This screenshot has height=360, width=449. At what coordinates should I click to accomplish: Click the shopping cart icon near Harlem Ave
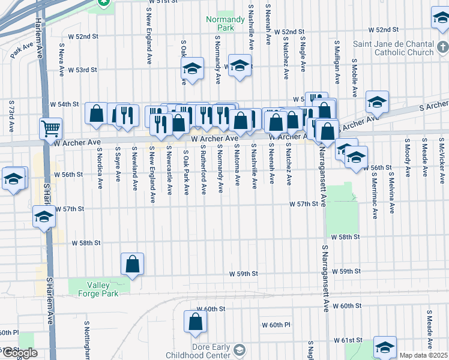50,128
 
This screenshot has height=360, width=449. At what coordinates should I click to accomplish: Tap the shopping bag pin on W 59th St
132,263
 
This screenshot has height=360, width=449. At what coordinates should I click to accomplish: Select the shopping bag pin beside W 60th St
196,322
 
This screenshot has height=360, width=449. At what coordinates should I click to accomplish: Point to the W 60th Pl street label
276,325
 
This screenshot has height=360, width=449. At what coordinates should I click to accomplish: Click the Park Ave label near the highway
22,50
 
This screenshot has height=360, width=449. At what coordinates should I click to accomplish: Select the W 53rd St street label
82,70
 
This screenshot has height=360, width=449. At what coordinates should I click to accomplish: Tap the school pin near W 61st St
385,346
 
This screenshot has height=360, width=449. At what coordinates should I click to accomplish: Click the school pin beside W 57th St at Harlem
44,218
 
